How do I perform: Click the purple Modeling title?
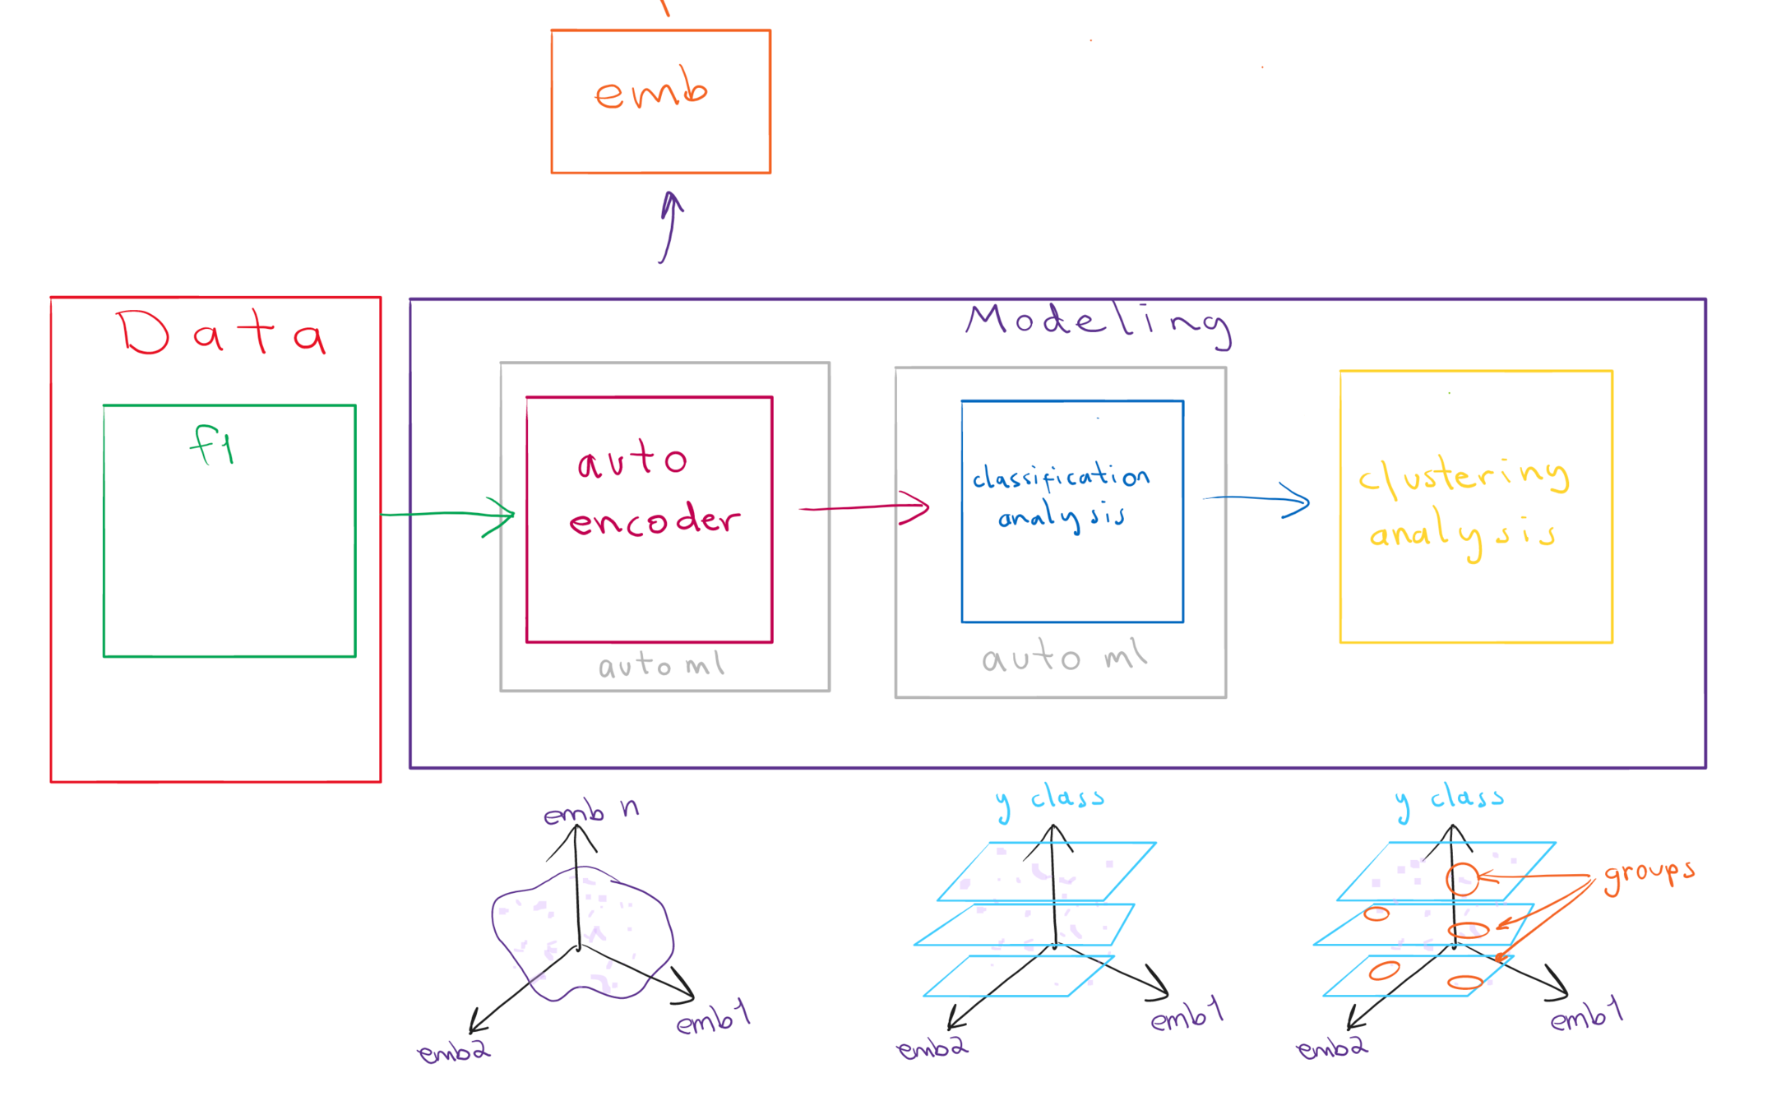pyautogui.click(x=1098, y=322)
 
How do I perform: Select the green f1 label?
pyautogui.click(x=212, y=445)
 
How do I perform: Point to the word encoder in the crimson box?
pyautogui.click(x=655, y=520)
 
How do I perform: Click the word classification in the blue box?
pyautogui.click(x=1060, y=477)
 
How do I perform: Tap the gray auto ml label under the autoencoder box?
pyautogui.click(x=661, y=664)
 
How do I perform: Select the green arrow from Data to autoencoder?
pyautogui.click(x=448, y=515)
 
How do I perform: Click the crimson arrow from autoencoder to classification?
pyautogui.click(x=863, y=507)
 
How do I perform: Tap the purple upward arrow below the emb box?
pyautogui.click(x=670, y=227)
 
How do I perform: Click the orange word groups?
pyautogui.click(x=1649, y=875)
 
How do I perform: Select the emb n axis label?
pyautogui.click(x=590, y=812)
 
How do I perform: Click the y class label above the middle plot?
pyautogui.click(x=1050, y=799)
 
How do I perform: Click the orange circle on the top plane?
pyautogui.click(x=1462, y=879)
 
